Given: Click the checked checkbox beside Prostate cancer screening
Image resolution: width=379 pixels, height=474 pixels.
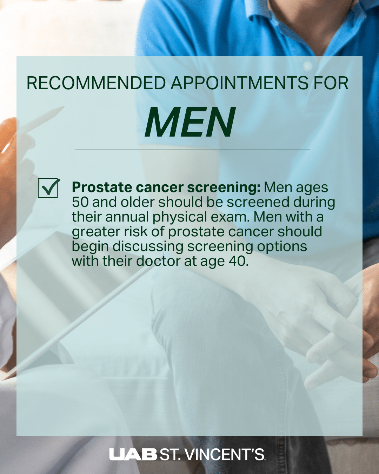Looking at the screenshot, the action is point(48,188).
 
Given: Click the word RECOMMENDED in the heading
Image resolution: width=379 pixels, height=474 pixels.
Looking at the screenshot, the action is point(96,83).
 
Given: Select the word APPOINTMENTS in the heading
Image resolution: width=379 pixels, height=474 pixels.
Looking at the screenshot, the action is point(239,83).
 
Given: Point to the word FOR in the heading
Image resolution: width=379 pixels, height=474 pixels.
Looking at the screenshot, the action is point(331,83).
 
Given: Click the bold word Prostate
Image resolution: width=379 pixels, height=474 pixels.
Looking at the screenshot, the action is point(102,187).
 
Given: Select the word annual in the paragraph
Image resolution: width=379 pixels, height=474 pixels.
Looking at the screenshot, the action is point(127,217).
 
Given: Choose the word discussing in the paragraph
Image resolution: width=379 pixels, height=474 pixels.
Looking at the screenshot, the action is point(148,247).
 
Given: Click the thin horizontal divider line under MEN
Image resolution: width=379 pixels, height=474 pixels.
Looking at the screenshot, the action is point(192,149).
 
